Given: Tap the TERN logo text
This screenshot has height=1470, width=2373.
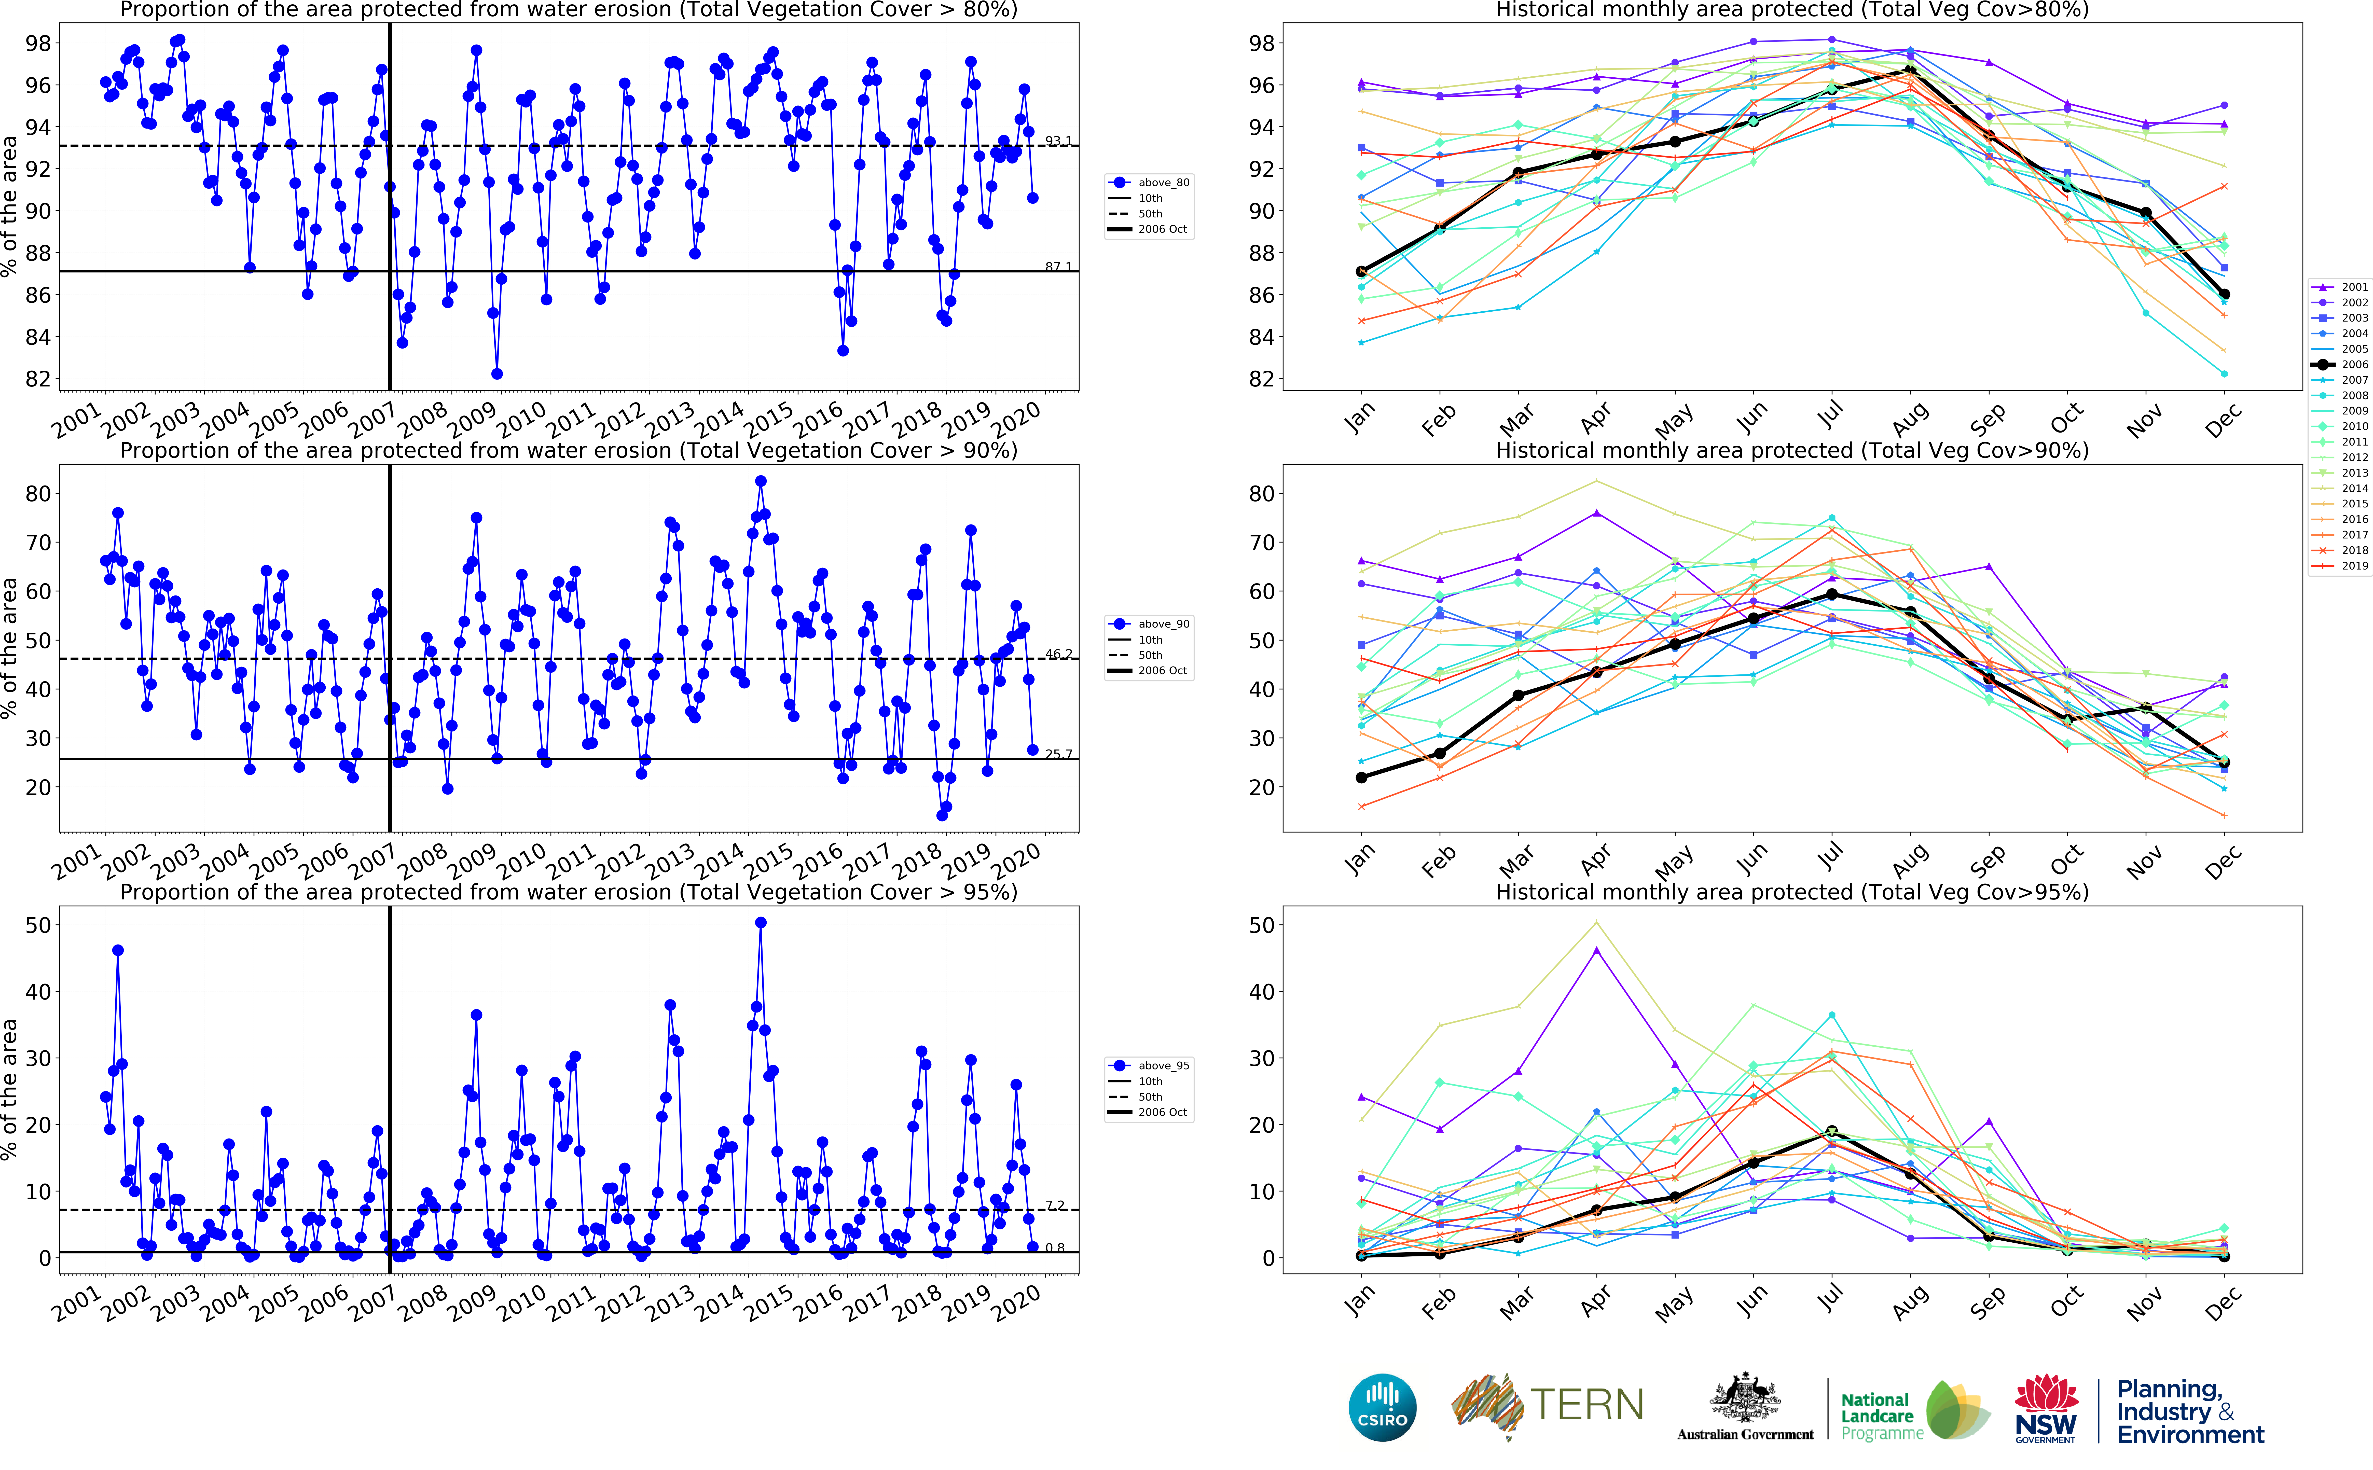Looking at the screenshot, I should pyautogui.click(x=1586, y=1405).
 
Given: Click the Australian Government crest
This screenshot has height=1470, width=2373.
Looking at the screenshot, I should pyautogui.click(x=1745, y=1400).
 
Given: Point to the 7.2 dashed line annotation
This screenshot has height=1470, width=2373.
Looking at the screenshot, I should pyautogui.click(x=1056, y=1204).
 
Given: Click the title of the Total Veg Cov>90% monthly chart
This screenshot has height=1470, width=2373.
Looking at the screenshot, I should pyautogui.click(x=1792, y=450).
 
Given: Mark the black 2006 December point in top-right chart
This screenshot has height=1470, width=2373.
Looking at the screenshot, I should pyautogui.click(x=2223, y=294).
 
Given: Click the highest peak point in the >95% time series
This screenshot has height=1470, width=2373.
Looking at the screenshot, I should pyautogui.click(x=760, y=923).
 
